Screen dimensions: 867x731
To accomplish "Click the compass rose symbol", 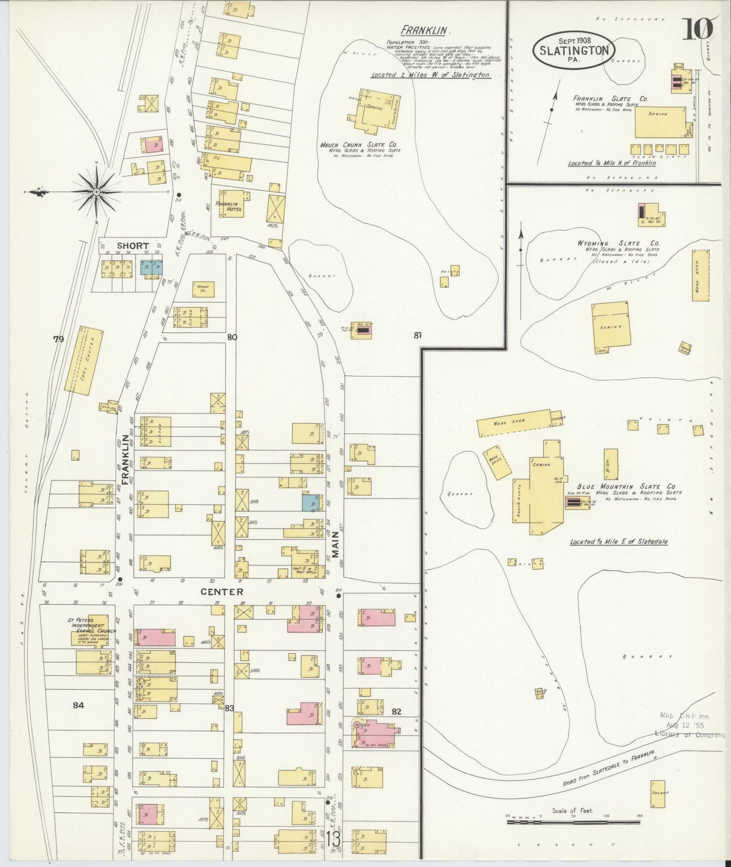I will pyautogui.click(x=96, y=192).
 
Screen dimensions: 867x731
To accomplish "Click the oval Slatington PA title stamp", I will pyautogui.click(x=574, y=50).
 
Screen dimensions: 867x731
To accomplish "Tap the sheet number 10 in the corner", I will pyautogui.click(x=698, y=29).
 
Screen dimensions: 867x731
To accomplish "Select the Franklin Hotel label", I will pyautogui.click(x=228, y=206).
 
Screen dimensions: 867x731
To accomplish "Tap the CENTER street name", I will pyautogui.click(x=222, y=591).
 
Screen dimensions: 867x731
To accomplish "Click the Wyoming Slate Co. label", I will pyautogui.click(x=618, y=243).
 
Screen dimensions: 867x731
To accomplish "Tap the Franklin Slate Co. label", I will pyautogui.click(x=610, y=99).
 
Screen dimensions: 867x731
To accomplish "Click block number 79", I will pyautogui.click(x=59, y=339).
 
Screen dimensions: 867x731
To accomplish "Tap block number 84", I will pyautogui.click(x=78, y=706).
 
